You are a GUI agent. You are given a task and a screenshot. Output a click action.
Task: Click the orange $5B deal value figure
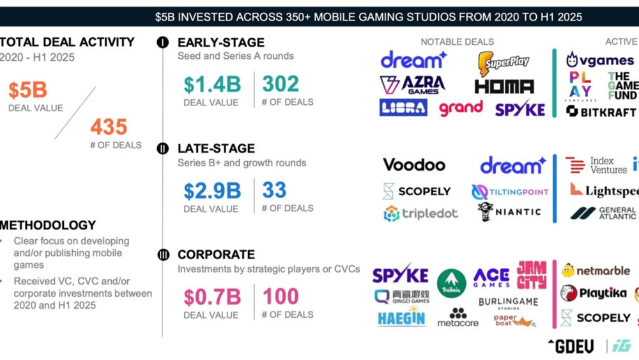coord(27,90)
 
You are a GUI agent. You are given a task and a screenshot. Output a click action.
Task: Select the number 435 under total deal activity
coord(109,127)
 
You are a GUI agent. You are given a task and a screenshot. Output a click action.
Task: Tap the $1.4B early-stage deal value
coord(212,84)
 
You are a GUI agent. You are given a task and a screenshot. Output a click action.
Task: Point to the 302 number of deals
coord(281,84)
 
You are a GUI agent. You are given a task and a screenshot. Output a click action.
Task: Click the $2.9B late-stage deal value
coord(212,191)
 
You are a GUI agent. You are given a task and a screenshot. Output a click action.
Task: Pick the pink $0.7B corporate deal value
coord(212,297)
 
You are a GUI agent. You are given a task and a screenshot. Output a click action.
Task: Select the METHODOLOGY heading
coord(49,225)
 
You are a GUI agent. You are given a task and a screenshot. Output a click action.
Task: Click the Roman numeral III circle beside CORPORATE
coord(163,255)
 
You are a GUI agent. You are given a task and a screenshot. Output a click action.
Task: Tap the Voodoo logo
coord(413,165)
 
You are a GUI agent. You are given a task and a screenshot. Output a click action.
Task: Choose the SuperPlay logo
coord(504,63)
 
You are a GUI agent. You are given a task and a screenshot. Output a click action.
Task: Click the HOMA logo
coord(504,86)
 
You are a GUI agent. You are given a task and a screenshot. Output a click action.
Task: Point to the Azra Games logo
coord(412,84)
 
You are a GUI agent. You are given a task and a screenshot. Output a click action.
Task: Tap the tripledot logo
coord(420,214)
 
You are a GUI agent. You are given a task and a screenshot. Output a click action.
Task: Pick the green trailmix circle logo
coord(451,283)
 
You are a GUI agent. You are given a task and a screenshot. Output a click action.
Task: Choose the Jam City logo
coord(532,275)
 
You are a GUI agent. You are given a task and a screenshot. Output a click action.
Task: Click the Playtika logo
coord(595,293)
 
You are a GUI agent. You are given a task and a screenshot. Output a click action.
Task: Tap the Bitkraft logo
coord(601,111)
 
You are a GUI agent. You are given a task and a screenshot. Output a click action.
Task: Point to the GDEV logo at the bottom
coord(570,346)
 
